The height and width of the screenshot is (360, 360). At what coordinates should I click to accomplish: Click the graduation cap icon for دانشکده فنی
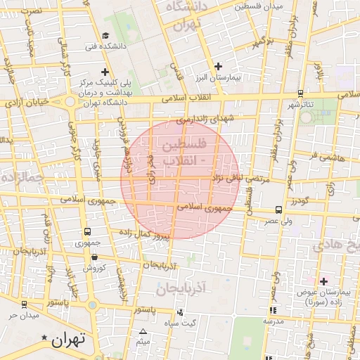(106, 35)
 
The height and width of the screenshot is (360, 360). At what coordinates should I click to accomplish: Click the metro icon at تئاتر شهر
(300, 93)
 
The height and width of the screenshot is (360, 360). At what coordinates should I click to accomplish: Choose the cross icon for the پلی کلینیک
(105, 71)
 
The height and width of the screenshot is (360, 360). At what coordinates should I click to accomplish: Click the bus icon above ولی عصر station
(279, 210)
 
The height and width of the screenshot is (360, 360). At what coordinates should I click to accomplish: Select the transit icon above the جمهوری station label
(87, 232)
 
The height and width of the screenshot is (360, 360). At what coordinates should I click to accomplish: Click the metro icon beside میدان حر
(25, 304)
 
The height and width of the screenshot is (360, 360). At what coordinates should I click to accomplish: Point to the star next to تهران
(46, 339)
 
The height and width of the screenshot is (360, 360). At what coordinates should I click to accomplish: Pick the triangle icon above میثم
(143, 331)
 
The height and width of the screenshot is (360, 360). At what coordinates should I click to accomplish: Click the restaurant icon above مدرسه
(273, 310)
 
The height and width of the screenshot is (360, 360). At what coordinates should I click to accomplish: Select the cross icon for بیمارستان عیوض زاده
(323, 281)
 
